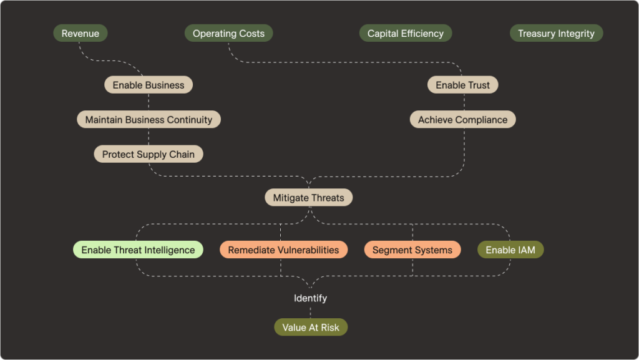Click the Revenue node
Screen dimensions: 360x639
(x=80, y=34)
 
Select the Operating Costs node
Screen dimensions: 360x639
(x=228, y=34)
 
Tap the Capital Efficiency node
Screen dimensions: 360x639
(x=405, y=34)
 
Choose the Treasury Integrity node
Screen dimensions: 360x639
(x=556, y=34)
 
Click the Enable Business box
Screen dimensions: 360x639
(x=149, y=85)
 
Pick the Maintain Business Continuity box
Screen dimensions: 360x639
(x=149, y=120)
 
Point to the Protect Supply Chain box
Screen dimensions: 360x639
(x=149, y=154)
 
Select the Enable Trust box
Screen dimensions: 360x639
(x=462, y=85)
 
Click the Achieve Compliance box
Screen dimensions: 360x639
(x=462, y=120)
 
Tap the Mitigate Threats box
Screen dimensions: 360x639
(x=308, y=198)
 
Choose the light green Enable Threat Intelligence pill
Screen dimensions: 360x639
(x=138, y=250)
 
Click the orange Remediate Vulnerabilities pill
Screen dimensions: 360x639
(x=283, y=250)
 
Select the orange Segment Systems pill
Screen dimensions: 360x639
(x=412, y=250)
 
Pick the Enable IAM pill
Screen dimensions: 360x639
(x=510, y=250)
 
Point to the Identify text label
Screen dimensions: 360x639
(x=310, y=298)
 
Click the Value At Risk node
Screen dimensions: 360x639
(x=311, y=328)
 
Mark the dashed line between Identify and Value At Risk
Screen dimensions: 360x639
(x=310, y=311)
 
